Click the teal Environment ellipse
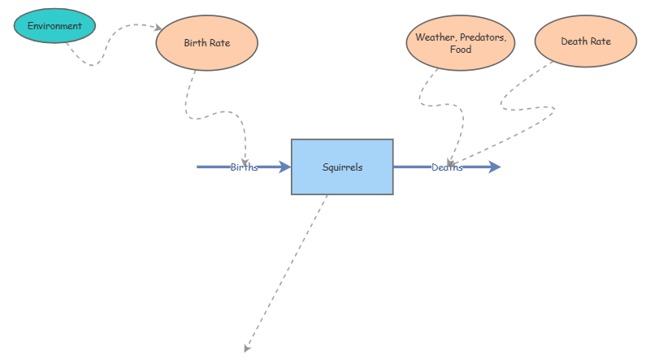tap(54, 26)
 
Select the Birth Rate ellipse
tap(206, 43)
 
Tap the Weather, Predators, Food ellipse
tap(460, 43)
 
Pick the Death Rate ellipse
tap(585, 41)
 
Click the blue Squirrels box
tap(342, 167)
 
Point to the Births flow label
tap(244, 167)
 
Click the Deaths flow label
tap(447, 167)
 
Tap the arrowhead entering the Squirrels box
tap(284, 167)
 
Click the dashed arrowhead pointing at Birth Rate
tap(158, 28)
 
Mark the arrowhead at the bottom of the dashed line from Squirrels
tap(247, 349)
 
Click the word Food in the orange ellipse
tap(460, 50)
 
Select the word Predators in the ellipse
tap(483, 37)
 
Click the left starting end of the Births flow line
tap(199, 167)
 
